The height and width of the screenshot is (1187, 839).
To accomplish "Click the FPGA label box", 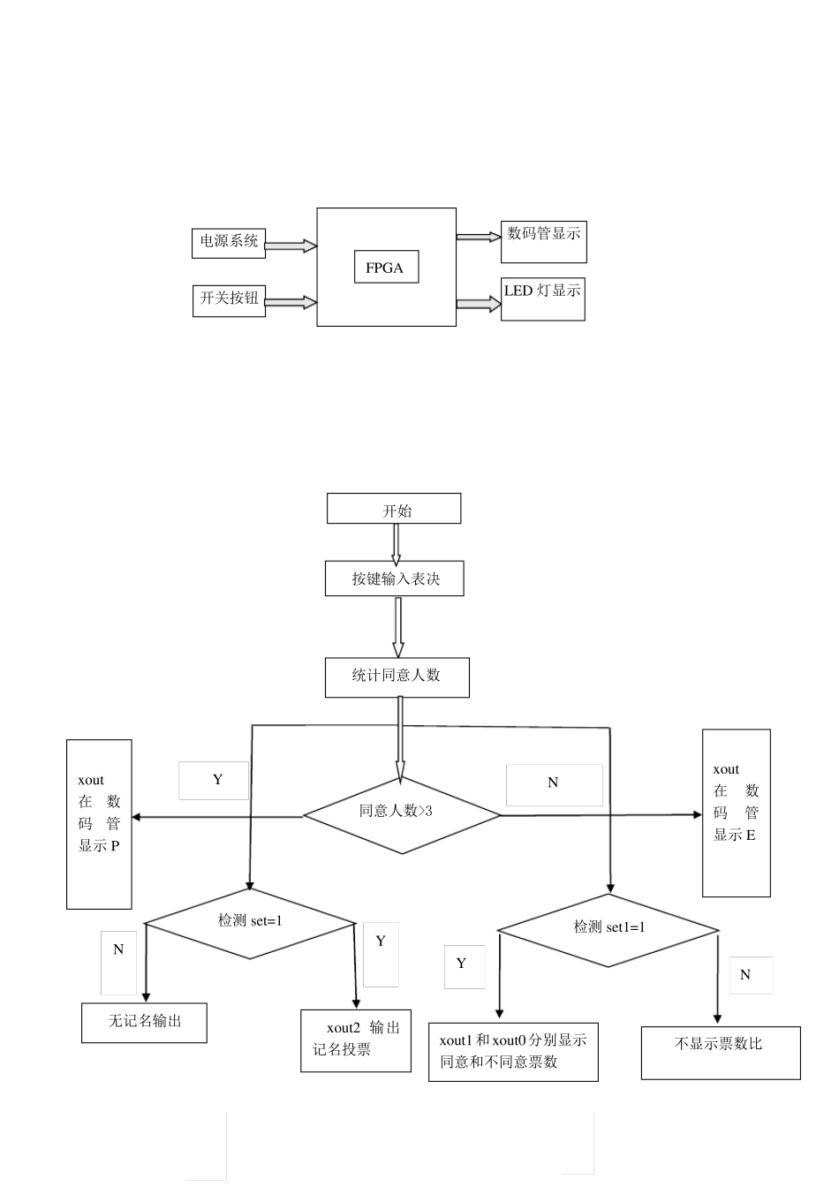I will click(x=384, y=268).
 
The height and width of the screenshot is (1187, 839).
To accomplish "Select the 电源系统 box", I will click(x=229, y=243).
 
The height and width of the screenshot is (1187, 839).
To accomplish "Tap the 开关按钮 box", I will click(x=229, y=299).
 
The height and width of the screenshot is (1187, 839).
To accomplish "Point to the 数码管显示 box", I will click(x=543, y=241).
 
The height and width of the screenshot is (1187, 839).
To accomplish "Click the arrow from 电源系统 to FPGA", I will click(x=291, y=246).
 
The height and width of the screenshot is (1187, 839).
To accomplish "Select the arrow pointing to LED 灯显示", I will click(x=478, y=304).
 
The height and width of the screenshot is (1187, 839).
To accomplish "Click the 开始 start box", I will click(x=394, y=509).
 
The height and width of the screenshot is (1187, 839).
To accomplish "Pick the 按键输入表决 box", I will click(x=395, y=578).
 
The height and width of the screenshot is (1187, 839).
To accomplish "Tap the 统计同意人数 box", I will click(x=397, y=677).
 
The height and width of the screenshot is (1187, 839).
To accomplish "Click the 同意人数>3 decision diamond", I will click(x=402, y=814).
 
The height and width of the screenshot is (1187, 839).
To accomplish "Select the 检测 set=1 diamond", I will click(x=250, y=923).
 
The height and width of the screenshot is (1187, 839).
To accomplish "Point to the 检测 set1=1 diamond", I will click(x=608, y=929).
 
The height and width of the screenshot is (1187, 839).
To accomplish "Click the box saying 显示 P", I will click(x=99, y=823).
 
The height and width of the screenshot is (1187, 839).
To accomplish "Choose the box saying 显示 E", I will click(x=736, y=813).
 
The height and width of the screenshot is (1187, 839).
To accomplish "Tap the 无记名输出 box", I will click(x=144, y=1022).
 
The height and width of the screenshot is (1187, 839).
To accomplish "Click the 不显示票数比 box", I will click(x=720, y=1052).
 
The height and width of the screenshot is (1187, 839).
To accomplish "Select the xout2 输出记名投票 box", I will click(x=355, y=1040).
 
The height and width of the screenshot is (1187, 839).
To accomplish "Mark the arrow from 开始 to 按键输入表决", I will click(x=396, y=542).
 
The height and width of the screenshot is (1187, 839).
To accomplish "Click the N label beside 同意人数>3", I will click(x=554, y=783).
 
